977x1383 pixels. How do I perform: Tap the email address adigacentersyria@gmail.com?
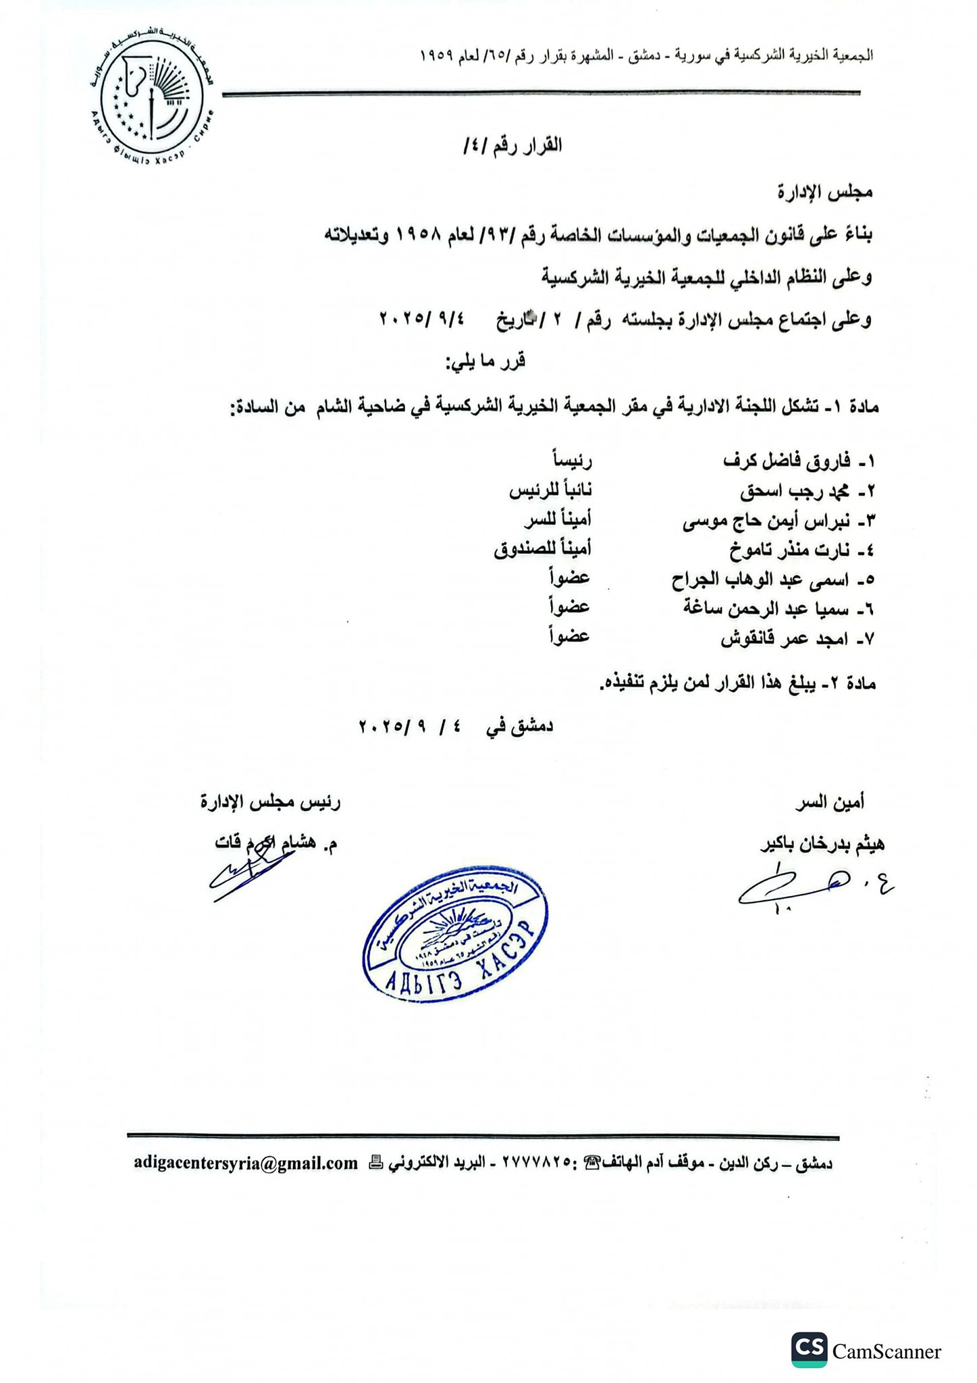pos(246,1163)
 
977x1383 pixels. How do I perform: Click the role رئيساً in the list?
pos(572,461)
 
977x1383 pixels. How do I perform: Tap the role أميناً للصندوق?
pos(542,550)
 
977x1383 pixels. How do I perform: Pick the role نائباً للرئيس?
pos(550,491)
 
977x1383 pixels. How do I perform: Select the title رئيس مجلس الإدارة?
pos(271,802)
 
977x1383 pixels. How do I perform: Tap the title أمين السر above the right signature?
pos(830,802)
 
